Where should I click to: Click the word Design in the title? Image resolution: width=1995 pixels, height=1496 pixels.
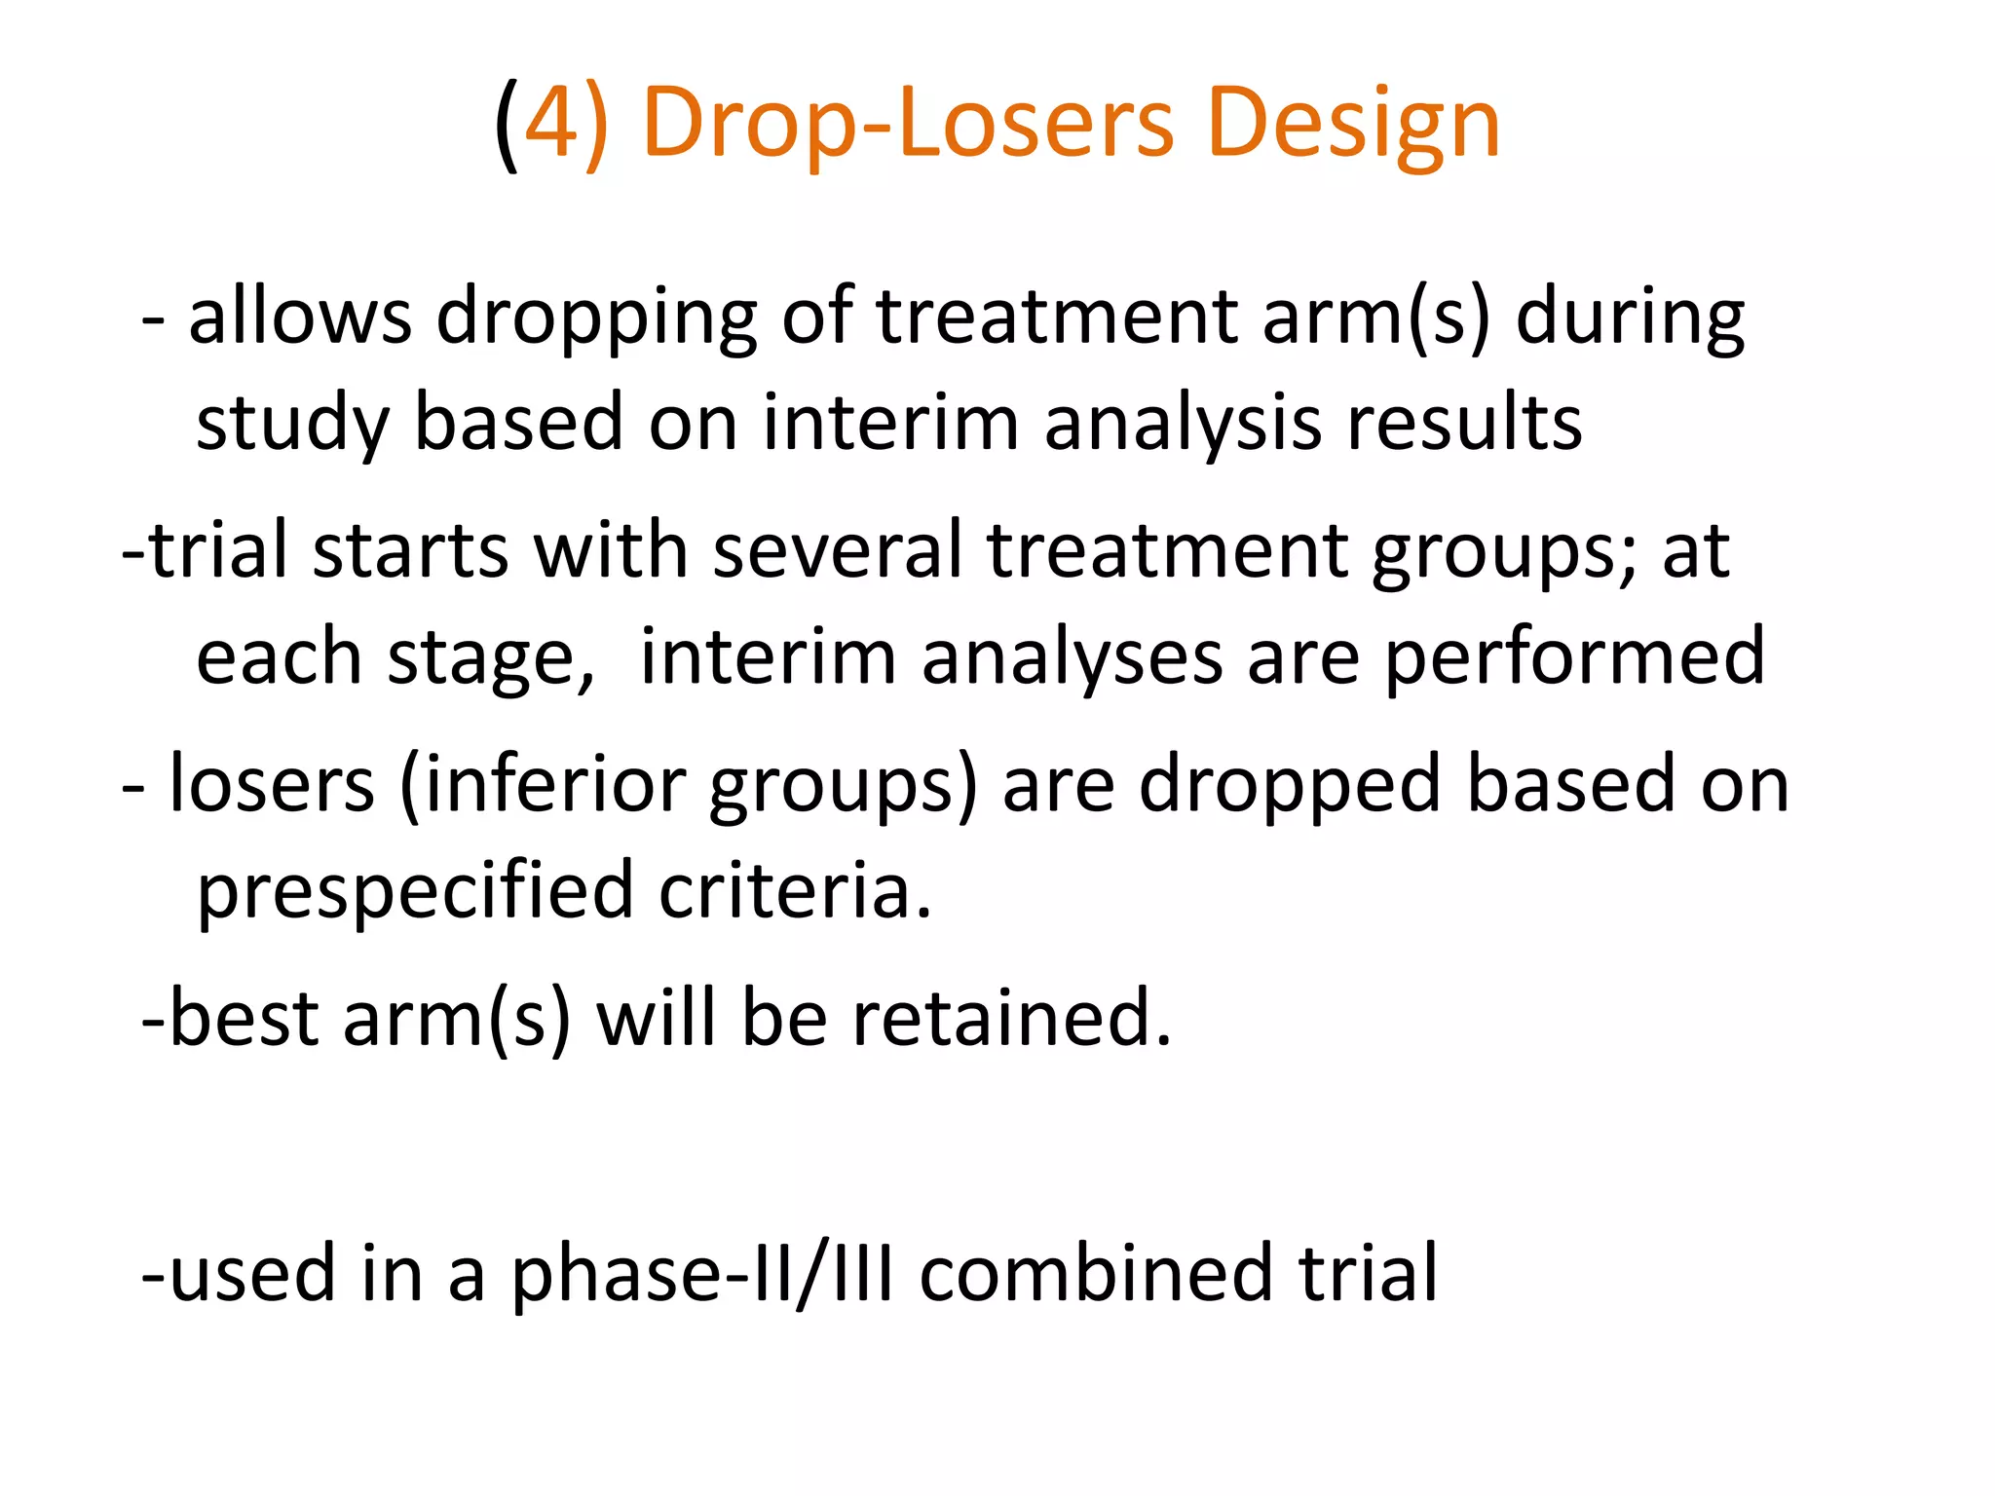click(1353, 125)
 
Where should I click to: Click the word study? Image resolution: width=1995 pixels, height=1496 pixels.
click(292, 426)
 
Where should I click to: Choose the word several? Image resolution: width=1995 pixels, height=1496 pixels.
click(838, 550)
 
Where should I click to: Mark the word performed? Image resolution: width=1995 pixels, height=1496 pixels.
click(1574, 659)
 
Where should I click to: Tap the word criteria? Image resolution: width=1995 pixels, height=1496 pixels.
click(794, 890)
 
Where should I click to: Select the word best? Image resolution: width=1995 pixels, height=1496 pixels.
click(244, 1018)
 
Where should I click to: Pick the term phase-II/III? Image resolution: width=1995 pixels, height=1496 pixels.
click(701, 1275)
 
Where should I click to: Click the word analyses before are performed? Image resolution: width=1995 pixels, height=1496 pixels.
click(1072, 659)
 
